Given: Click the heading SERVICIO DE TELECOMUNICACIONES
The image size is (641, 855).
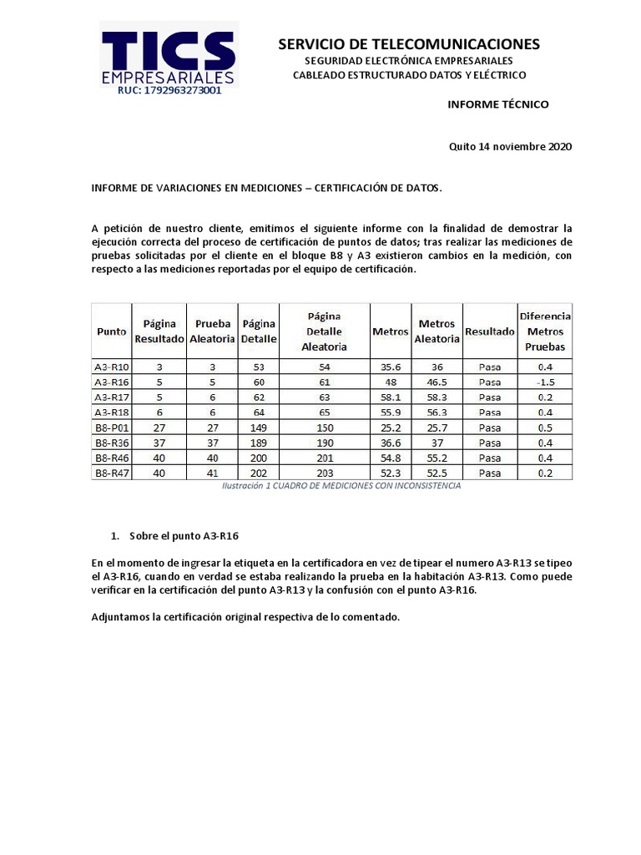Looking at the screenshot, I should tap(409, 43).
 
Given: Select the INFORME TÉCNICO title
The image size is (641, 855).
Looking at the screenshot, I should tap(498, 104).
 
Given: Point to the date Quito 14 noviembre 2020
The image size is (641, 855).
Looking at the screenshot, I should tap(510, 146).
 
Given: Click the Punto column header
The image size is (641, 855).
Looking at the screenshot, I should tap(111, 331).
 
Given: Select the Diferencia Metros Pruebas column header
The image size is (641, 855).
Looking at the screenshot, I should tap(545, 331).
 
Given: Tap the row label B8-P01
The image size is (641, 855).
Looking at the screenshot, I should tap(111, 427).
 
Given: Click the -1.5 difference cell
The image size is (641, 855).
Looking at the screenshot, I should tap(545, 382).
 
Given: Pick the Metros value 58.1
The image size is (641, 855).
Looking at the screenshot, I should tap(391, 397).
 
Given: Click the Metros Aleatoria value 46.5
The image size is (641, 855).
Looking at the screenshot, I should tap(437, 382).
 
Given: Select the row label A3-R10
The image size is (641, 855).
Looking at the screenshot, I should tap(111, 367).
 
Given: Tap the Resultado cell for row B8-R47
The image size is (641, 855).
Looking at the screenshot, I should tap(490, 473).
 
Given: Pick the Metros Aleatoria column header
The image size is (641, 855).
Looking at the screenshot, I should tap(437, 331).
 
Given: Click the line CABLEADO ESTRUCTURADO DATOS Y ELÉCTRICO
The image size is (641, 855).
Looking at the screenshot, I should tap(409, 75).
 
